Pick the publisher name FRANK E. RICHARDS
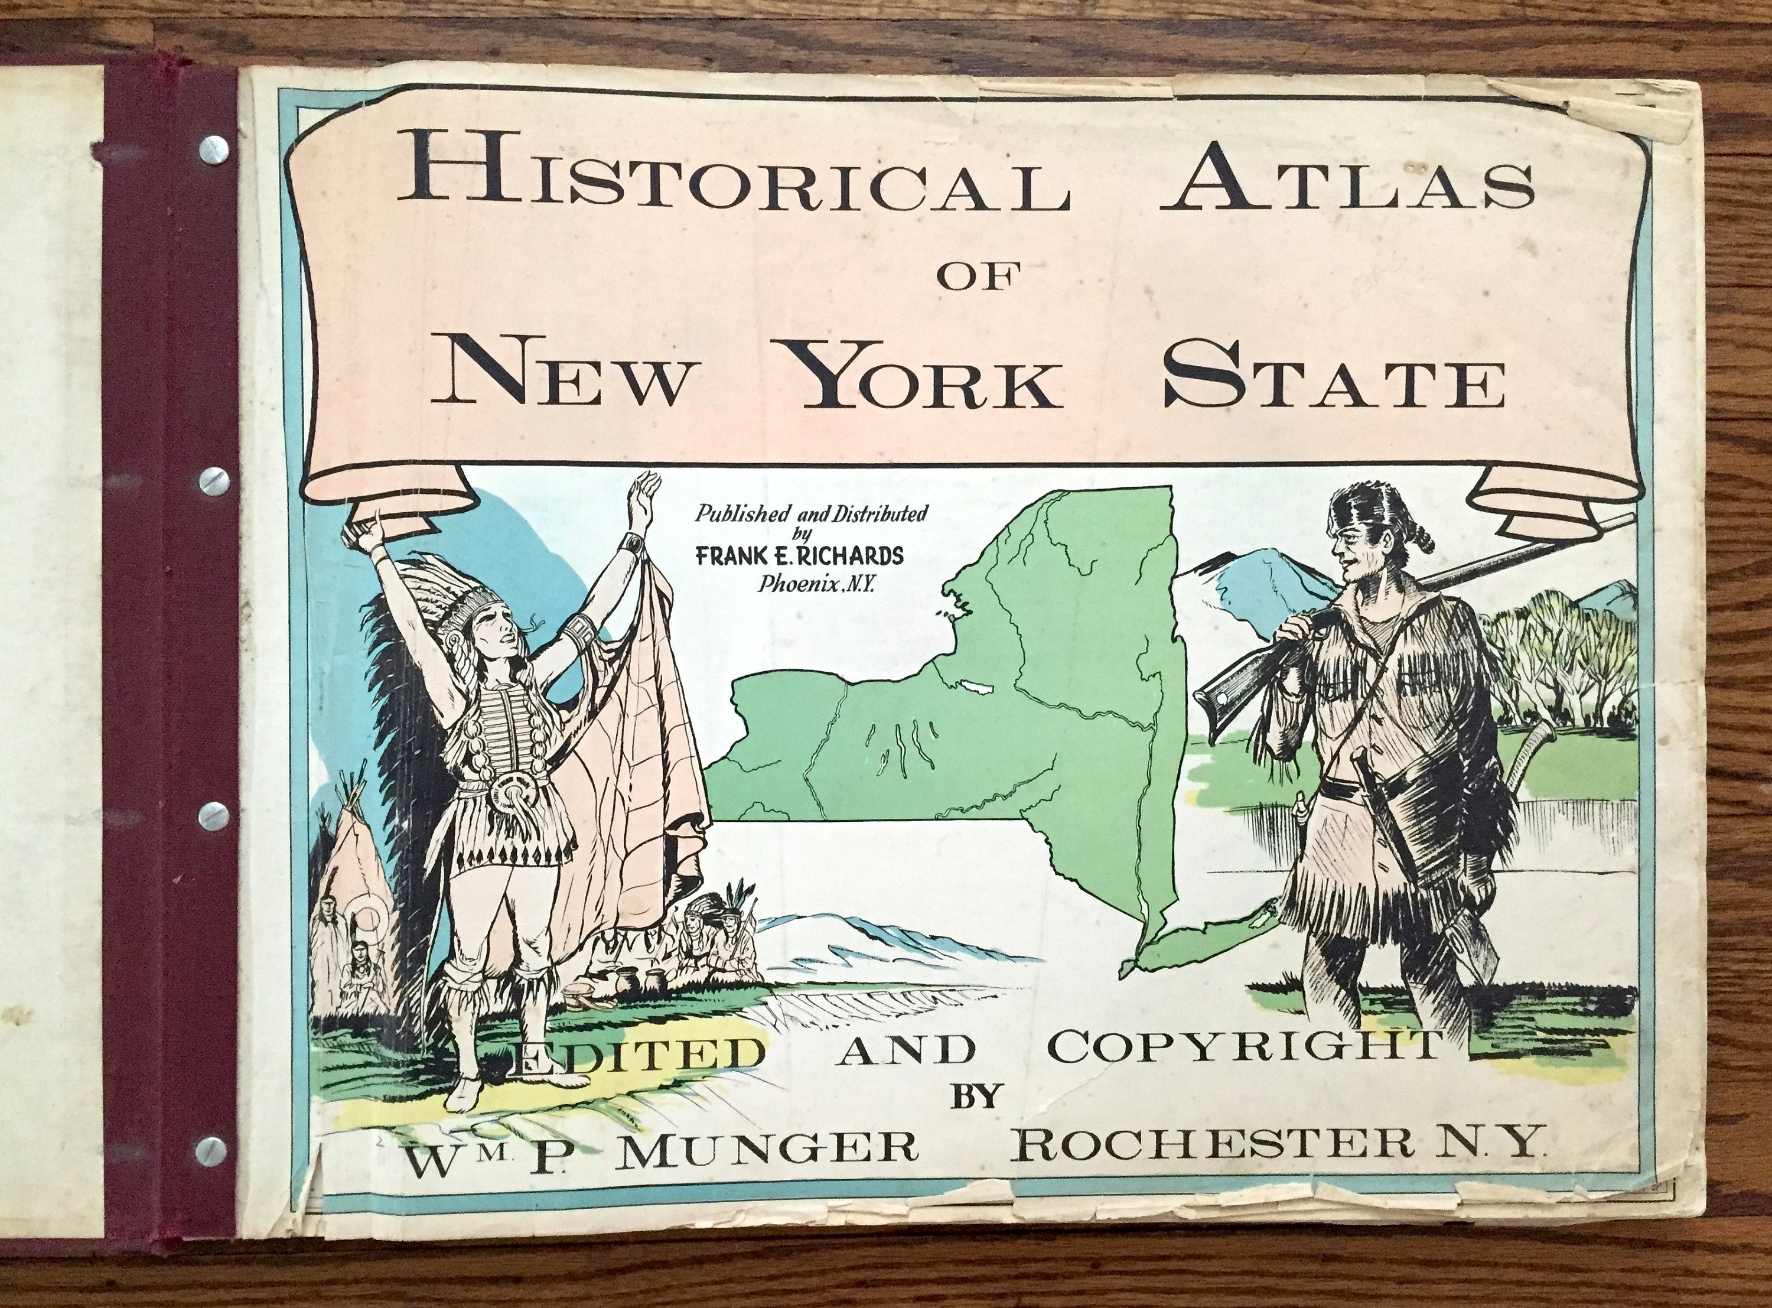click(x=799, y=556)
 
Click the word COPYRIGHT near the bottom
click(x=1243, y=1047)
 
